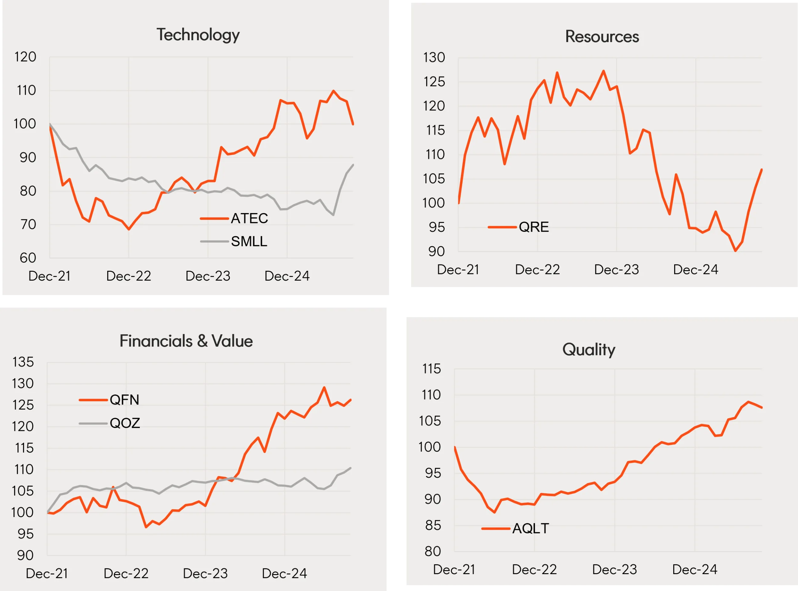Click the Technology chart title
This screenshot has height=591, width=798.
click(x=198, y=35)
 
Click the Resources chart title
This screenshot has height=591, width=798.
click(x=602, y=36)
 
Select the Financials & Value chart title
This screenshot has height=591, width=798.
click(x=186, y=341)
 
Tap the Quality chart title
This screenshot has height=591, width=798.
click(x=589, y=350)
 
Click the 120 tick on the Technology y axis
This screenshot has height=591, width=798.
click(x=25, y=57)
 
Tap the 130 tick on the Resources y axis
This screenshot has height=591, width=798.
click(x=434, y=58)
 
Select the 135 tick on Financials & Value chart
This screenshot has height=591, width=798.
click(x=23, y=362)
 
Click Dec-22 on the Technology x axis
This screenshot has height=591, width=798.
click(x=129, y=276)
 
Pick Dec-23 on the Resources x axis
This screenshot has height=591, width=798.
click(x=616, y=270)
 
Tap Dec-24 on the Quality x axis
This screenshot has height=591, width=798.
click(x=695, y=570)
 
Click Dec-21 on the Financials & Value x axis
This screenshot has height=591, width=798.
click(x=47, y=573)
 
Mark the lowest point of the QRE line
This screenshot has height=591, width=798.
click(x=735, y=251)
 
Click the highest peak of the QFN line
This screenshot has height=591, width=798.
click(x=324, y=388)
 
